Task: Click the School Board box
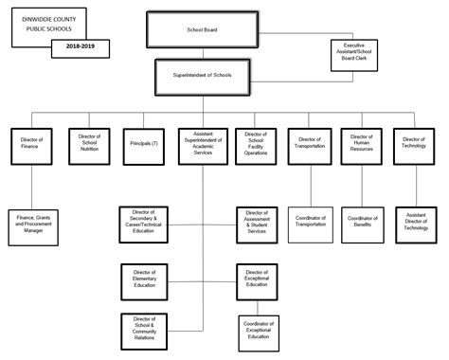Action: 202,29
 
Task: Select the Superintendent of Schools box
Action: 202,74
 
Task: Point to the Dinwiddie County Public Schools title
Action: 48,21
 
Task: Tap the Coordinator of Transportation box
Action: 311,222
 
